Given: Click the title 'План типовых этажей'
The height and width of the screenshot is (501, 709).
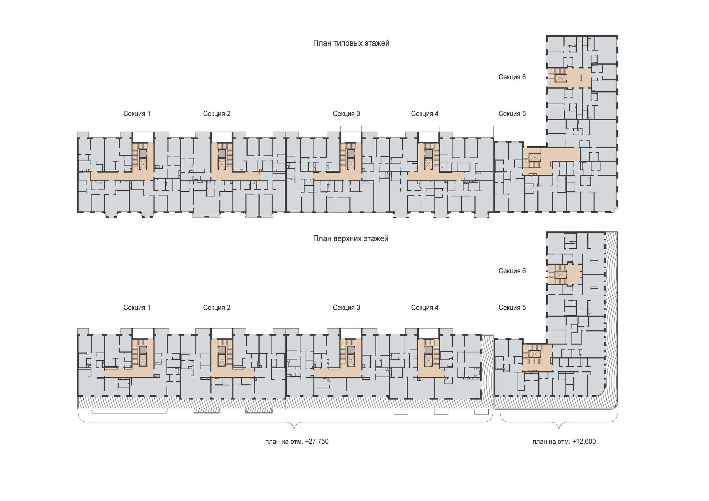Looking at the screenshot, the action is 351,43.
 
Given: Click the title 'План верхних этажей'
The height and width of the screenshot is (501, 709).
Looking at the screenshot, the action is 351,239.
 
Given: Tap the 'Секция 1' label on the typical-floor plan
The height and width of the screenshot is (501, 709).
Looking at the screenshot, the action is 137,114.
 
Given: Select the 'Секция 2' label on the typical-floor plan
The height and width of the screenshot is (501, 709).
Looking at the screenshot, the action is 216,114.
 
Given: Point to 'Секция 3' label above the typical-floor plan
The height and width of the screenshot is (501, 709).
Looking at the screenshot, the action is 346,114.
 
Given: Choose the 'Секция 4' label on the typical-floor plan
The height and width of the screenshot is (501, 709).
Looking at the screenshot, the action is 425,114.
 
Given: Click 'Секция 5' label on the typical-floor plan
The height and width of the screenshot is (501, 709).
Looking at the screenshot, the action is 512,114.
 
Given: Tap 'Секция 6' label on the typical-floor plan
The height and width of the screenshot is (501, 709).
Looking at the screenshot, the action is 512,77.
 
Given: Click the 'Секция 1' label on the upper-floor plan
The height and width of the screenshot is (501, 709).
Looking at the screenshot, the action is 137,307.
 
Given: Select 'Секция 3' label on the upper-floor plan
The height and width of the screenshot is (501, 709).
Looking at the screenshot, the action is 346,307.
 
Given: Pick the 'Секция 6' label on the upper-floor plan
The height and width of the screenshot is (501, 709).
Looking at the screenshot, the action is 512,271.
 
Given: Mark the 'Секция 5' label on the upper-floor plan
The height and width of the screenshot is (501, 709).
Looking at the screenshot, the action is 512,307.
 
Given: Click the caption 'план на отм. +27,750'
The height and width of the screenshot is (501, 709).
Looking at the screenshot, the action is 297,441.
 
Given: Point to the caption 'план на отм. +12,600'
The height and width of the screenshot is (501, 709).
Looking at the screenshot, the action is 564,441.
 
